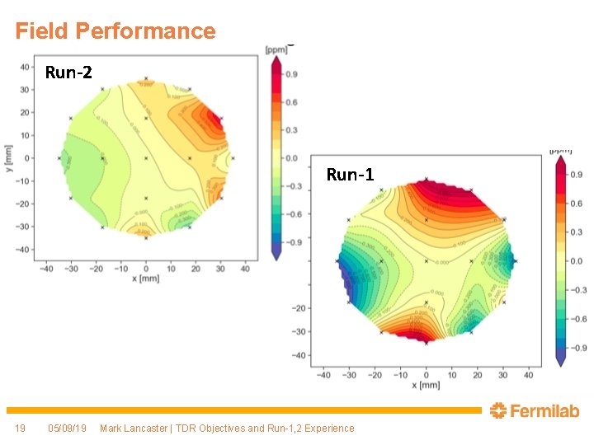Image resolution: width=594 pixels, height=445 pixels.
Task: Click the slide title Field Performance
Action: coord(115,31)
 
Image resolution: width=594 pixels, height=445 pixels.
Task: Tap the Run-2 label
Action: coord(69,73)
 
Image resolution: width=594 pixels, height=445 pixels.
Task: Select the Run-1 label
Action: coord(350,175)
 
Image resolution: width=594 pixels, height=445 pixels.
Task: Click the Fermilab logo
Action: coord(534,410)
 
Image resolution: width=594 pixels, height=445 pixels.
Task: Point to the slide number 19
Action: coord(21,428)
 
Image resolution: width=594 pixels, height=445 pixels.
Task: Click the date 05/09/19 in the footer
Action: coord(67,428)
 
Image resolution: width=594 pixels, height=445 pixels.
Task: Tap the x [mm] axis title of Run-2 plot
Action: coord(146,279)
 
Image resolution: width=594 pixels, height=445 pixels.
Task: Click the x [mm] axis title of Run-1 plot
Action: coord(426,386)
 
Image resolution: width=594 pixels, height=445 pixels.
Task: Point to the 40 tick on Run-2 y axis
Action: coord(26,67)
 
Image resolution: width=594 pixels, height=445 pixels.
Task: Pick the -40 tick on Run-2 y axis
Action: coord(24,249)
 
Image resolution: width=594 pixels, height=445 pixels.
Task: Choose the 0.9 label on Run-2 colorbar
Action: coord(291,75)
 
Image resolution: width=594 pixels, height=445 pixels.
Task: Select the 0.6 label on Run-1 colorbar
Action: coord(575,204)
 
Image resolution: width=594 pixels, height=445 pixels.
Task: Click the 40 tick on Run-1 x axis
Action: coord(529,375)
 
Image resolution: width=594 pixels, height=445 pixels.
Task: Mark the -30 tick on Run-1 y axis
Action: coord(299,332)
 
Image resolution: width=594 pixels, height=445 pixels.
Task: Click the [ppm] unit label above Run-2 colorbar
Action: coord(275,49)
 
